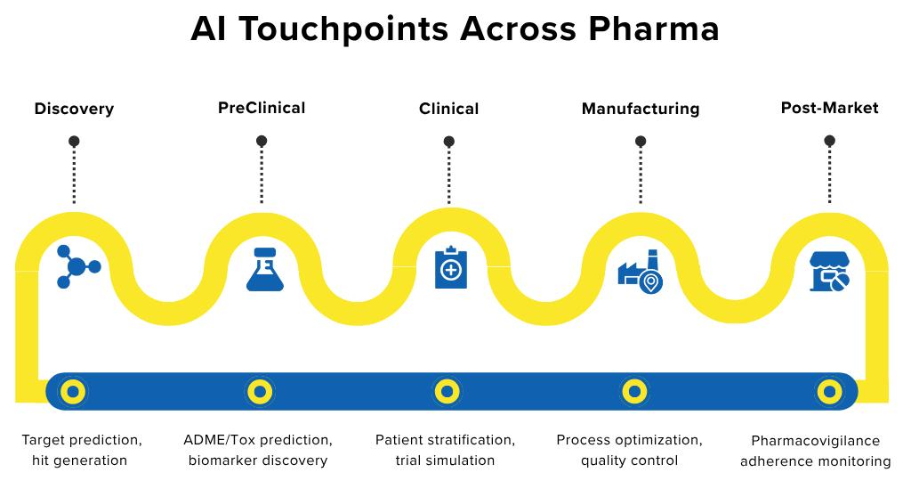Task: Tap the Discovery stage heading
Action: [74, 109]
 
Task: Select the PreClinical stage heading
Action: [262, 108]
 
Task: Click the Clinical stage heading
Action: [448, 109]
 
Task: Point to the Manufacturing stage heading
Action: [641, 109]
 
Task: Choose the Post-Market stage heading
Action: [829, 108]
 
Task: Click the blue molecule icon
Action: [77, 266]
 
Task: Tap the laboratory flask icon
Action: [263, 269]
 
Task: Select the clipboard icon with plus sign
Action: [450, 267]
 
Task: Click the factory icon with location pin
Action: [641, 271]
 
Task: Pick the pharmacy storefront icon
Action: [829, 271]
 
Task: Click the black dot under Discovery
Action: [74, 141]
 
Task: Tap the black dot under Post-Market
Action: [829, 141]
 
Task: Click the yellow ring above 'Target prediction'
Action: [73, 390]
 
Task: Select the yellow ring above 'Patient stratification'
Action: [447, 390]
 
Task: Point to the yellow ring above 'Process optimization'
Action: [633, 390]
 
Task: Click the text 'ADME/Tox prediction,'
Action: [258, 440]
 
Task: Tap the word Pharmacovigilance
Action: [815, 441]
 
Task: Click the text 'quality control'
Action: [629, 460]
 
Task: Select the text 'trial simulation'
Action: [445, 460]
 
